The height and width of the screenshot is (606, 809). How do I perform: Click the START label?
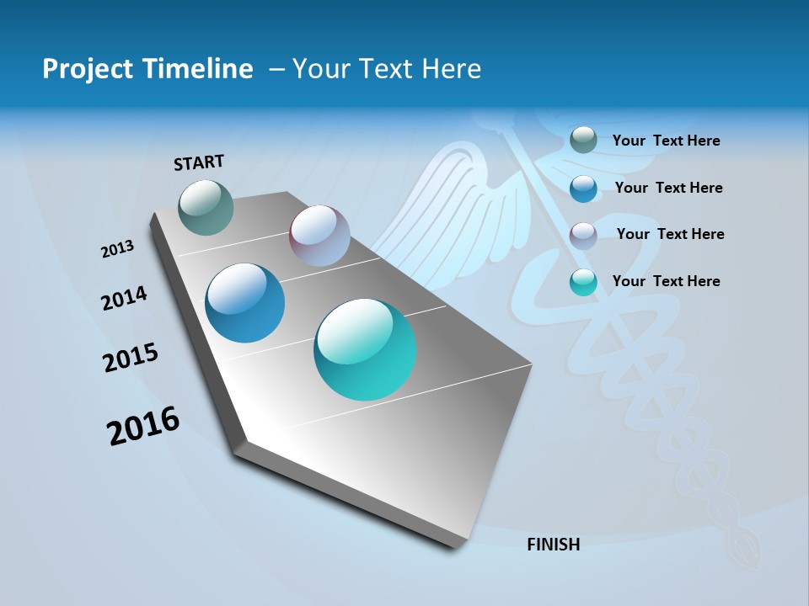point(199,162)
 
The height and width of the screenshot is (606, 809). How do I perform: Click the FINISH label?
point(553,545)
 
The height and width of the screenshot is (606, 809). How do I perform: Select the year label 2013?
point(118,249)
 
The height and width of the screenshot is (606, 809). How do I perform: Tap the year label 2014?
point(124,298)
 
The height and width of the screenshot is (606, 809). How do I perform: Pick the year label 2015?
point(131,358)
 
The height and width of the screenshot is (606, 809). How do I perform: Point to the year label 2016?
point(143,426)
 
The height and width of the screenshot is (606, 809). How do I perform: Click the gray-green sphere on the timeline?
point(206,207)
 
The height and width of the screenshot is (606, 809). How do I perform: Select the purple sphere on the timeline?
point(319,236)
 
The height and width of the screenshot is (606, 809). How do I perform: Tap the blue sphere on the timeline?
point(245,303)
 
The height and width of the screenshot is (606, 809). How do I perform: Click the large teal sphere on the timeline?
point(365,349)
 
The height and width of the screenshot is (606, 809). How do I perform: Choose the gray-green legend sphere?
point(583,140)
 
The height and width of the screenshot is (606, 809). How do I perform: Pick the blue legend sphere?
point(583,188)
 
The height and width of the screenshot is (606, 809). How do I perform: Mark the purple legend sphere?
point(583,235)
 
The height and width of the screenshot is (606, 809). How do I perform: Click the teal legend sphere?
point(583,282)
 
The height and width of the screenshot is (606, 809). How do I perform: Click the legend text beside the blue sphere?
point(668,188)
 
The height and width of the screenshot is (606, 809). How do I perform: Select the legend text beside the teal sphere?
point(666,281)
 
